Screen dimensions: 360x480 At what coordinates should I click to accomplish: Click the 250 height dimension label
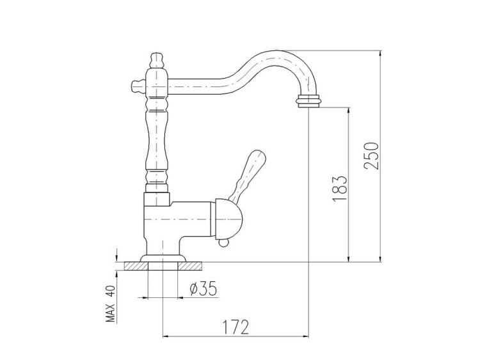(x=374, y=155)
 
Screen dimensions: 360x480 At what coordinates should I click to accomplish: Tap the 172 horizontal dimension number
(x=236, y=327)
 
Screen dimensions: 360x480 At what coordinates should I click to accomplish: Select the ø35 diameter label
(x=203, y=290)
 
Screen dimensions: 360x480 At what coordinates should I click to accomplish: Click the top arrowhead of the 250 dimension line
(x=381, y=54)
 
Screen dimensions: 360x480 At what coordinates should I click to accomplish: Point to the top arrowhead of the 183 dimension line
(x=348, y=109)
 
